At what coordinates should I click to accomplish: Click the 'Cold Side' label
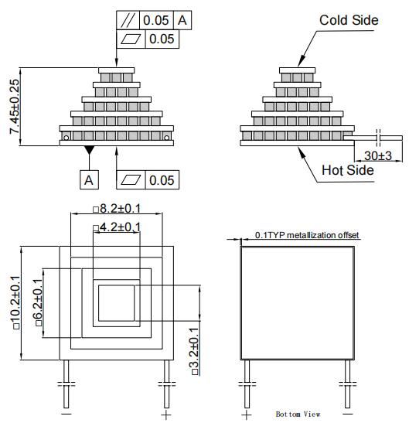(349, 20)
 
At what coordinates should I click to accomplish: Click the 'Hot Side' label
(348, 170)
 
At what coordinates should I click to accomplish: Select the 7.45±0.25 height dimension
(15, 107)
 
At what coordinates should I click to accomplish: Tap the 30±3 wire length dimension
(377, 155)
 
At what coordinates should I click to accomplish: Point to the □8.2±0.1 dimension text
(117, 209)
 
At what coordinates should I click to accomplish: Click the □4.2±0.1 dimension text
(117, 227)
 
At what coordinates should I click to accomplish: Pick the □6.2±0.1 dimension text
(38, 302)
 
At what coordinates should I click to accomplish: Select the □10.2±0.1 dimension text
(15, 302)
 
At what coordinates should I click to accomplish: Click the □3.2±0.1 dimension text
(194, 351)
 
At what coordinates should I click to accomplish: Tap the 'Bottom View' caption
(298, 414)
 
